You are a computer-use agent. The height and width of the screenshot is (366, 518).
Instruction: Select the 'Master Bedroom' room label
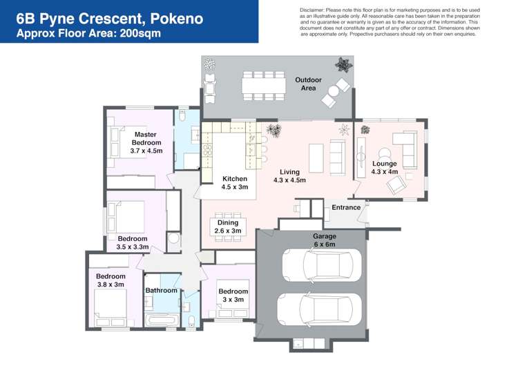click(146, 142)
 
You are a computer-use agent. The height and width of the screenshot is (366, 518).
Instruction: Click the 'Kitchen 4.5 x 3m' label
click(234, 183)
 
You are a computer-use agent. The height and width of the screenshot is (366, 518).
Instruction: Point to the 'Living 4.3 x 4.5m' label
click(289, 176)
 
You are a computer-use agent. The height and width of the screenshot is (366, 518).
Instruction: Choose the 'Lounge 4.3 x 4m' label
click(384, 168)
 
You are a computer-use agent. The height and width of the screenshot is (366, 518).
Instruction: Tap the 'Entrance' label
click(346, 207)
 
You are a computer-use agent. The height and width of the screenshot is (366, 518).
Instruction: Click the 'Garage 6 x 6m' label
click(325, 240)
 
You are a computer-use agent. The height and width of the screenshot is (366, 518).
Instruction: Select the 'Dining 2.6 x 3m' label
click(228, 227)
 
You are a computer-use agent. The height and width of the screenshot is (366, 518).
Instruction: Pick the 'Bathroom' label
click(162, 291)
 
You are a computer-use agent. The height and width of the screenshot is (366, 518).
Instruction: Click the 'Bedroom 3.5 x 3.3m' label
click(132, 242)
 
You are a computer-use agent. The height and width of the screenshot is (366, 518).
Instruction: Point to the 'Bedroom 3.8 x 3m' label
click(110, 280)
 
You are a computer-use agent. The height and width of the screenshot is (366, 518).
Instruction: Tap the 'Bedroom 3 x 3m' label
click(233, 296)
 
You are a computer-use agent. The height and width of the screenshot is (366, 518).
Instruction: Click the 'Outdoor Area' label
click(308, 84)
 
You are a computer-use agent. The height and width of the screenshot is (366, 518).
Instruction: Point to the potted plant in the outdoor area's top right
click(343, 66)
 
